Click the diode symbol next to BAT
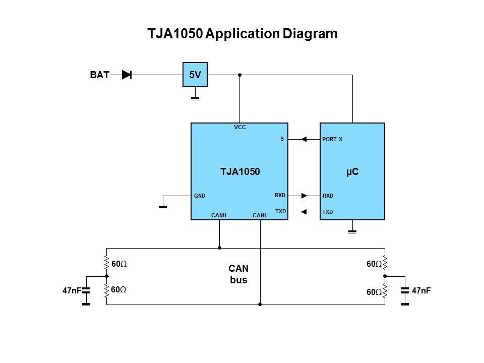pos(127,75)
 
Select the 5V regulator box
pos(195,75)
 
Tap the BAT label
pos(99,76)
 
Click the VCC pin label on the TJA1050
pos(240,128)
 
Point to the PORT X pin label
pos(332,139)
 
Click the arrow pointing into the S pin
pos(304,139)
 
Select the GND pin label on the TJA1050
pos(200,196)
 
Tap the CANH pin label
pos(219,216)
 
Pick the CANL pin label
pos(260,216)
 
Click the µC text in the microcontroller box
pos(352,172)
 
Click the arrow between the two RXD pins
pos(304,196)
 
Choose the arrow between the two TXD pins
pos(304,212)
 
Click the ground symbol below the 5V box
pos(195,98)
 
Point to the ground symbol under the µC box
pos(352,231)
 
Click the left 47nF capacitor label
pos(72,291)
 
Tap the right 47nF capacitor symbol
pos(404,291)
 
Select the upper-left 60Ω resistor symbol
pos(106,263)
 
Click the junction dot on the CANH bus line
pos(219,248)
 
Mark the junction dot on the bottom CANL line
pos(260,305)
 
